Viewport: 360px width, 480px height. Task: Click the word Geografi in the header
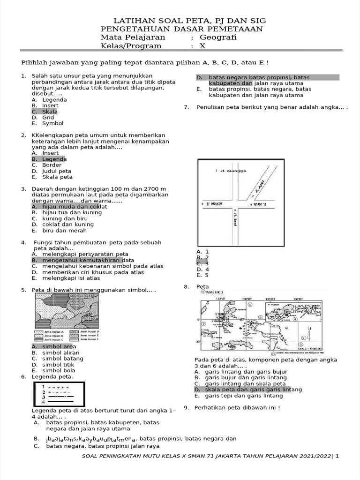(218, 37)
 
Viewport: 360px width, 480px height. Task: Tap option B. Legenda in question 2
(49, 159)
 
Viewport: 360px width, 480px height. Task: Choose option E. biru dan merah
(52, 230)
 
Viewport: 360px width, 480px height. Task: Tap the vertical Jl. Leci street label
(234, 217)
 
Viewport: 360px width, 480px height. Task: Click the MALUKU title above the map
(217, 291)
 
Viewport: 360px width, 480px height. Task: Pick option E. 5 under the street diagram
(202, 275)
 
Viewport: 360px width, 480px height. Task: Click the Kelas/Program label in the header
(131, 46)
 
